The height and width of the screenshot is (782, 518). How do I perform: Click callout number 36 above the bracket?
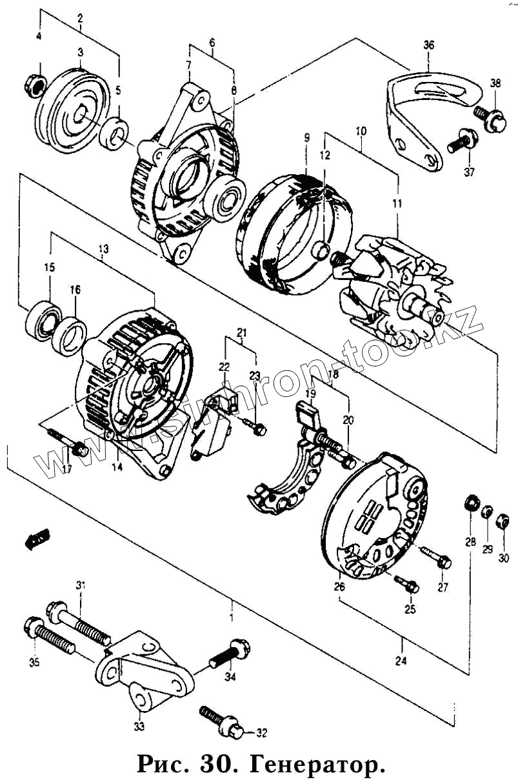tap(429, 45)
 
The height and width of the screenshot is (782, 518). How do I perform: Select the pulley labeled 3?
tap(72, 112)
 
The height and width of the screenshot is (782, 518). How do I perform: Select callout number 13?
tap(103, 248)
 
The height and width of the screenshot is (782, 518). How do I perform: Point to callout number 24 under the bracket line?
tap(401, 660)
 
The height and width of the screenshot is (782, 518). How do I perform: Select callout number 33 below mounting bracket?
tap(139, 727)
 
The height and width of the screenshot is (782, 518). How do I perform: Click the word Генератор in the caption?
tap(317, 765)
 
